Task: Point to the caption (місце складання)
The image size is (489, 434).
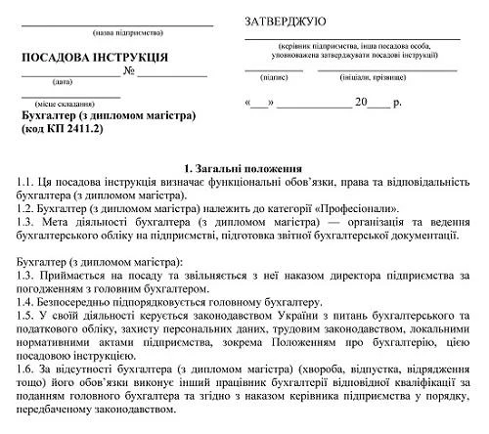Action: (66, 103)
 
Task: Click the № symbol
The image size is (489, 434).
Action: (128, 71)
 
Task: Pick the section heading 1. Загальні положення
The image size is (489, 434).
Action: (244, 168)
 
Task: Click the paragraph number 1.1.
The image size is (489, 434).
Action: (27, 182)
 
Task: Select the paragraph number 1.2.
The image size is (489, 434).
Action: (27, 208)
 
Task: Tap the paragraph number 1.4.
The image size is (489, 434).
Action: (27, 302)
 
